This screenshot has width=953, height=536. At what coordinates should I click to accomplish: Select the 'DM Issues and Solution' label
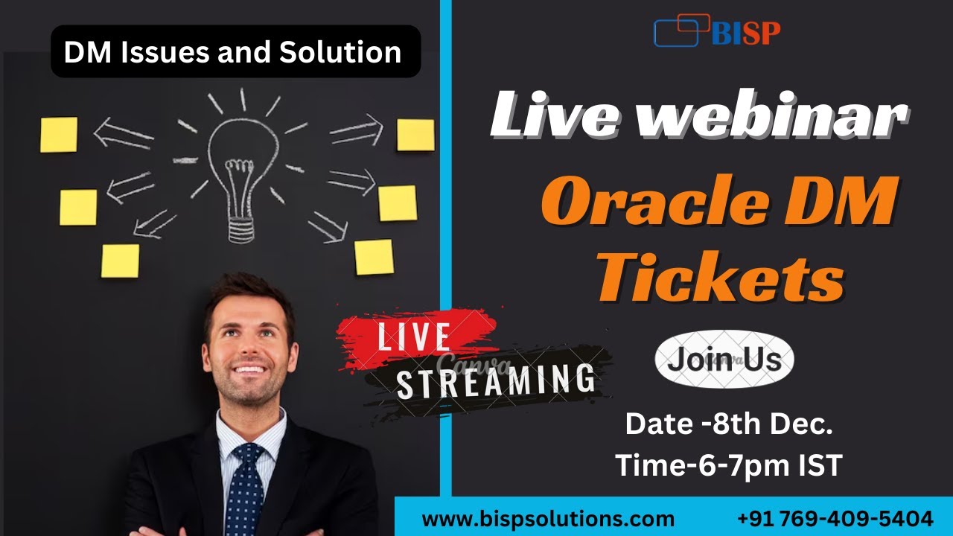pyautogui.click(x=233, y=52)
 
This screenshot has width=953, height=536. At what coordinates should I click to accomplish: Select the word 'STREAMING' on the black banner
pyautogui.click(x=495, y=380)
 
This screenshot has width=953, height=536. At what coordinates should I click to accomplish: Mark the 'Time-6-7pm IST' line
pyautogui.click(x=728, y=465)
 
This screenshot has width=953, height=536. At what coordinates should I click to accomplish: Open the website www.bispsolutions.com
pyautogui.click(x=548, y=518)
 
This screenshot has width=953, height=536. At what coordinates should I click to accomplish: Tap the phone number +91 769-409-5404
pyautogui.click(x=835, y=518)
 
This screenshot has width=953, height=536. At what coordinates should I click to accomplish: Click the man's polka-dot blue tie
pyautogui.click(x=245, y=488)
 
